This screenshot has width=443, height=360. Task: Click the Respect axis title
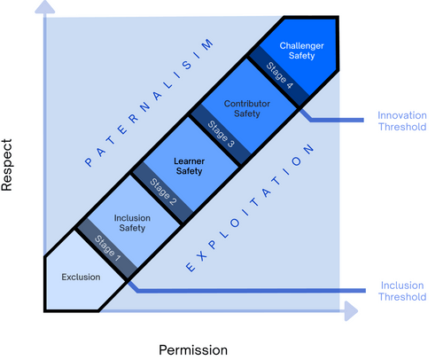click(x=12, y=164)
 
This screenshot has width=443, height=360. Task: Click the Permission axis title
click(x=192, y=349)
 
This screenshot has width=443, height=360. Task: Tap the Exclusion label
click(x=80, y=278)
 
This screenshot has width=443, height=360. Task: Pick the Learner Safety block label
click(x=189, y=165)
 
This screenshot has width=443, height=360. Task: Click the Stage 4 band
click(x=276, y=77)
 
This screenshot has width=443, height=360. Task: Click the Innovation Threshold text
click(x=401, y=121)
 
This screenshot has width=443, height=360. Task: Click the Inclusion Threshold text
click(x=401, y=293)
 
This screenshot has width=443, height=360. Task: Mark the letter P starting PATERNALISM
click(x=89, y=163)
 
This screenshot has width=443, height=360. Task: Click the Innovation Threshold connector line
click(x=337, y=121)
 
